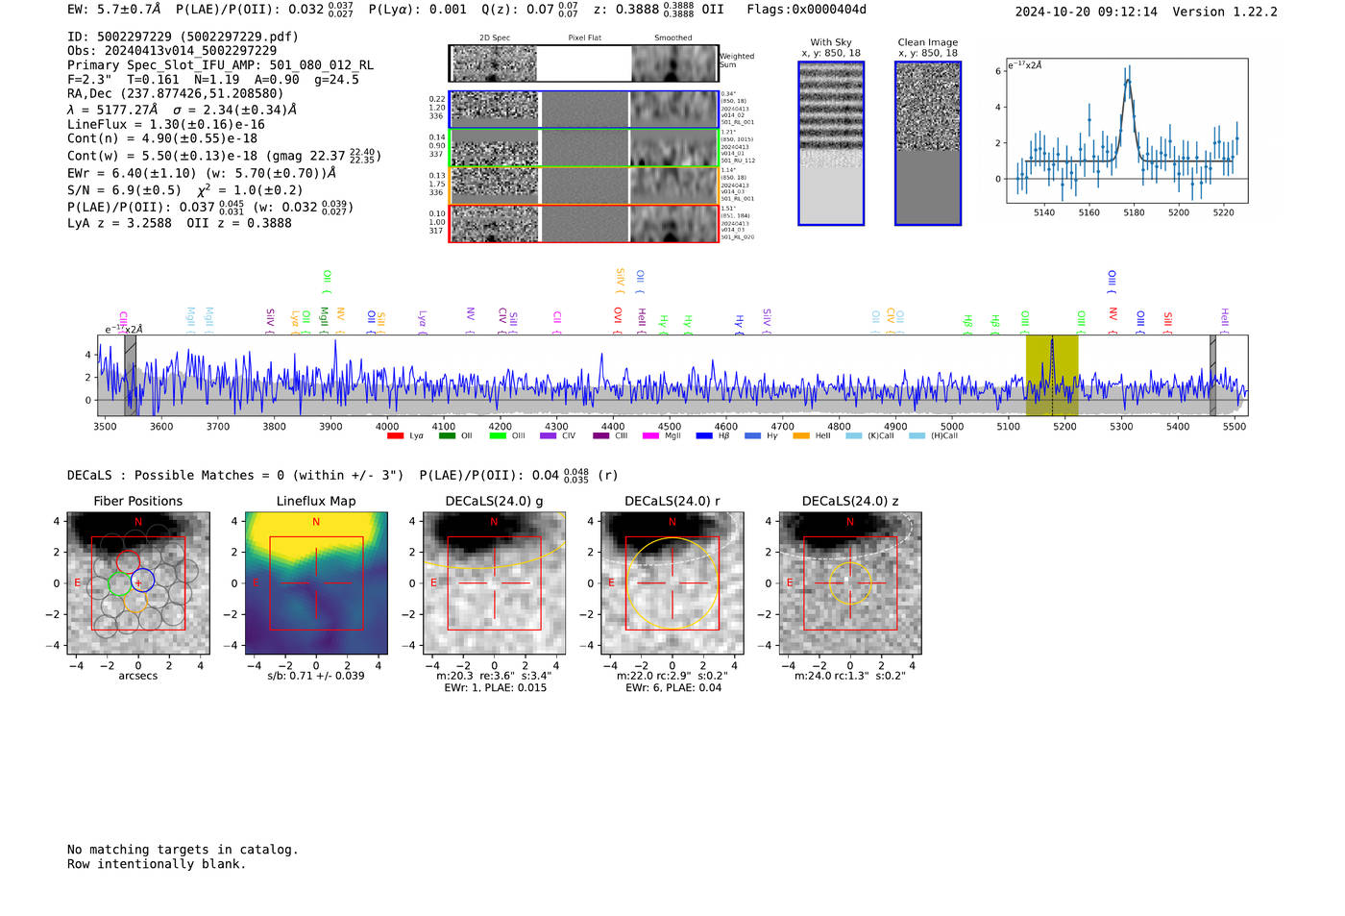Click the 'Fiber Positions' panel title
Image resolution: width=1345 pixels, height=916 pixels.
pyautogui.click(x=137, y=501)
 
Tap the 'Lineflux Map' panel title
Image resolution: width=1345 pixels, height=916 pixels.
pyautogui.click(x=316, y=501)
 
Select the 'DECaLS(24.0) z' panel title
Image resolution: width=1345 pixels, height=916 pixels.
pyautogui.click(x=849, y=501)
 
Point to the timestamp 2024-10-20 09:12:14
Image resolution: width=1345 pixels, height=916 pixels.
pyautogui.click(x=1086, y=12)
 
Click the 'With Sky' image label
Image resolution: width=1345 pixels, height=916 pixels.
pyautogui.click(x=830, y=42)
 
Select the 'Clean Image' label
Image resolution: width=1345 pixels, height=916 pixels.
pyautogui.click(x=927, y=42)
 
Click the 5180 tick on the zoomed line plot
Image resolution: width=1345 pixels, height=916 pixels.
pyautogui.click(x=1134, y=212)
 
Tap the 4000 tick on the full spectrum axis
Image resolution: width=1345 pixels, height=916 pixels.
pyautogui.click(x=387, y=426)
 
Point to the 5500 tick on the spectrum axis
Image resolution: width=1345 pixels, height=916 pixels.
pyautogui.click(x=1234, y=426)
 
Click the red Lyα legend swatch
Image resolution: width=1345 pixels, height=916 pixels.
pyautogui.click(x=395, y=436)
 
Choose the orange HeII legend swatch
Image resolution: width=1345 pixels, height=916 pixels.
pyautogui.click(x=801, y=436)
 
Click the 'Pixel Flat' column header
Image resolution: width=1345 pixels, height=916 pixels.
pyautogui.click(x=584, y=37)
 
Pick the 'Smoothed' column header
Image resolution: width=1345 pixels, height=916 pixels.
pyautogui.click(x=672, y=37)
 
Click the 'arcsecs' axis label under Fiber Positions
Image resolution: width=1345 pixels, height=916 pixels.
pyautogui.click(x=137, y=676)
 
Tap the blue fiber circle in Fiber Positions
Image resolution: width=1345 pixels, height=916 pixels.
pyautogui.click(x=142, y=580)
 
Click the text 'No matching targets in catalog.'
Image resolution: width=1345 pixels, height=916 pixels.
pyautogui.click(x=183, y=850)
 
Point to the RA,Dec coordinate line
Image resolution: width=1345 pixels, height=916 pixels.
pyautogui.click(x=175, y=93)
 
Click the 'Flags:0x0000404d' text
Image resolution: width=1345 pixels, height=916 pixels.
pyautogui.click(x=806, y=10)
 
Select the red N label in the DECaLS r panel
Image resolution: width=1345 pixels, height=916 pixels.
pyautogui.click(x=672, y=522)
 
